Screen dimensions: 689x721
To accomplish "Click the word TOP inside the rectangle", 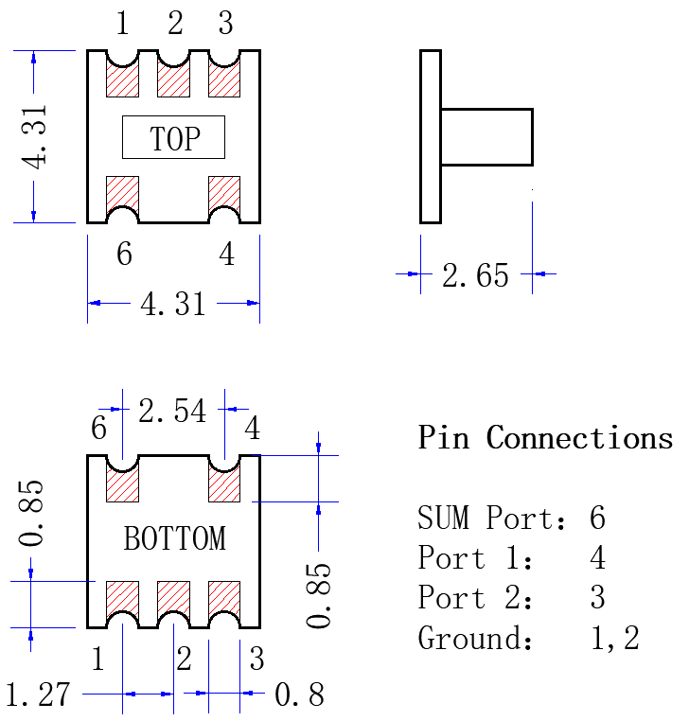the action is [175, 138].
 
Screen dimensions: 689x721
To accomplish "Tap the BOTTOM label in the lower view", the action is [175, 538].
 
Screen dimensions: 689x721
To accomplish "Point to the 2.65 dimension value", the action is [476, 275].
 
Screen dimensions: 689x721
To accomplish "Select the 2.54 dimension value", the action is [172, 411].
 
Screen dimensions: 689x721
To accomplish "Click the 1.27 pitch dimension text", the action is [38, 695].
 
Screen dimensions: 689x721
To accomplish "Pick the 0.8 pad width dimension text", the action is [299, 695].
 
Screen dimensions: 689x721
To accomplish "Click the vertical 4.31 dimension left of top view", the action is [34, 137].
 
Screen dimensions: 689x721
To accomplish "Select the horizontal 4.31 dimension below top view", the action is [173, 304].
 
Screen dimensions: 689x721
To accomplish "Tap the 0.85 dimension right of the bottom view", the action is [318, 595].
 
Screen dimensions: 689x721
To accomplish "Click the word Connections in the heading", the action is [579, 437].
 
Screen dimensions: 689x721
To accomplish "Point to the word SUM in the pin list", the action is [443, 518].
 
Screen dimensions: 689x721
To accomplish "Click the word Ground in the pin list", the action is [475, 638].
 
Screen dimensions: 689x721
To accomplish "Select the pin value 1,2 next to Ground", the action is [615, 639].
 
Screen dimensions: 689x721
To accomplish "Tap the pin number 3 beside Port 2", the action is [597, 597].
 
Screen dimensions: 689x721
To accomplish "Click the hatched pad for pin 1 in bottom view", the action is [122, 598].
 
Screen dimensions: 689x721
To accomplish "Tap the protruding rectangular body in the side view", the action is [486, 137].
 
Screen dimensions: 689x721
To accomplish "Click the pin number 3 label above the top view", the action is [225, 23].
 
